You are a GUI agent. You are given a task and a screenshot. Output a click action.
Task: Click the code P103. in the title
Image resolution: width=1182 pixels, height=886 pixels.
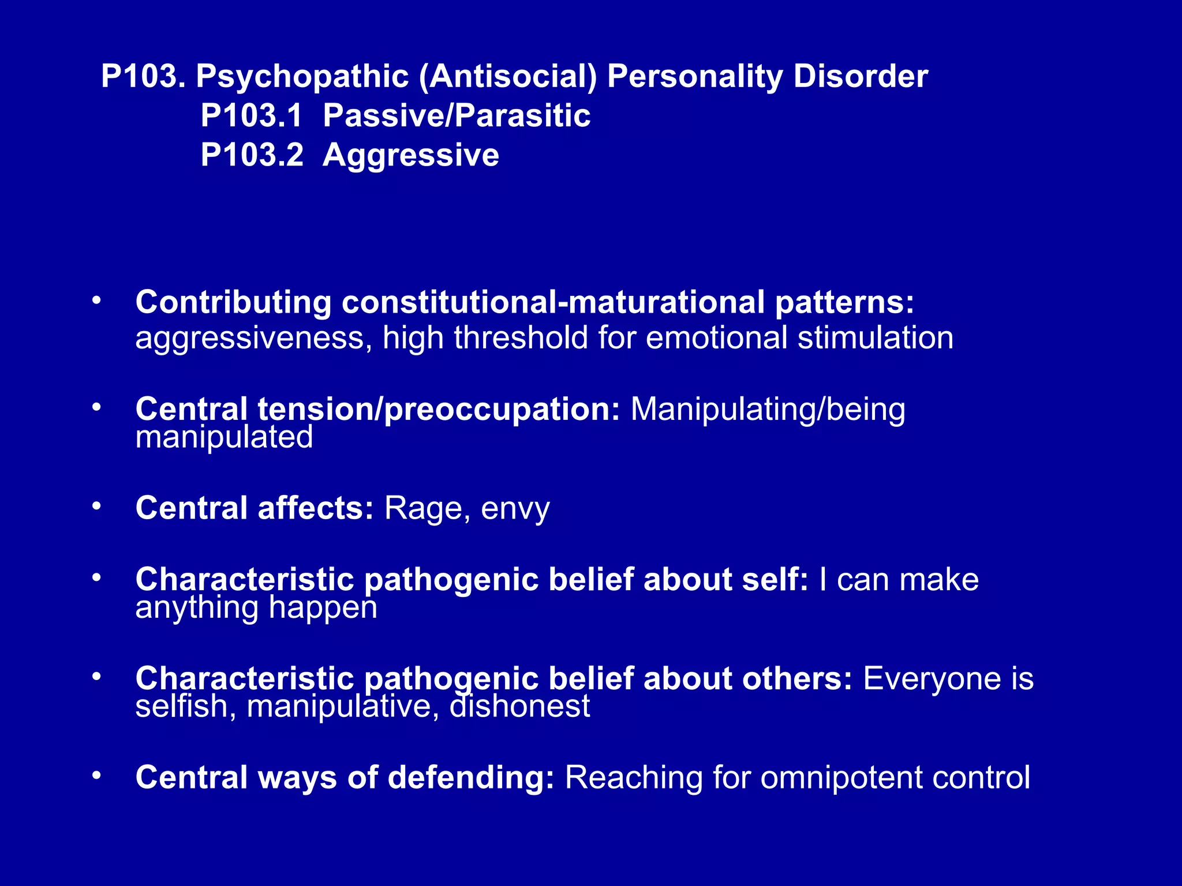(143, 76)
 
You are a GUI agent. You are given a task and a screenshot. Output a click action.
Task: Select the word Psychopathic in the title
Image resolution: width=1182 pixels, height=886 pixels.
(302, 76)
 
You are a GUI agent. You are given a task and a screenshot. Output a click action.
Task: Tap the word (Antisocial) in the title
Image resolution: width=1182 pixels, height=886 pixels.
(508, 76)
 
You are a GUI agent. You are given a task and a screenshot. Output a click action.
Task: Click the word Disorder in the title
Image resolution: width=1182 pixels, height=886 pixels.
(861, 76)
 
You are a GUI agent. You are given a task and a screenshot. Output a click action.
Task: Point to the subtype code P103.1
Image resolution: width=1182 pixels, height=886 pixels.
(252, 115)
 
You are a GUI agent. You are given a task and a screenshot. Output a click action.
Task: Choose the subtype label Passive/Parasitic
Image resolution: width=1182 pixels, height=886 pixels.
(457, 115)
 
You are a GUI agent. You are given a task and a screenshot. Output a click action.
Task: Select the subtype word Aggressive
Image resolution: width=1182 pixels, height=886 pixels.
(410, 156)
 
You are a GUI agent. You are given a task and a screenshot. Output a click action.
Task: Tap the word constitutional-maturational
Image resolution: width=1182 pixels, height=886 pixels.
(553, 302)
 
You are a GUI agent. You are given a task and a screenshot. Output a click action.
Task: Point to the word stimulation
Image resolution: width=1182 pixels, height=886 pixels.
(875, 337)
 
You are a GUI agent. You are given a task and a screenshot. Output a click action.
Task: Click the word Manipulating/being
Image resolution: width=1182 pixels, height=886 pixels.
(768, 410)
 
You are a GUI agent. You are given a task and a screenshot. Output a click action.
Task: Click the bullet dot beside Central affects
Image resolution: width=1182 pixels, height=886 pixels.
(96, 506)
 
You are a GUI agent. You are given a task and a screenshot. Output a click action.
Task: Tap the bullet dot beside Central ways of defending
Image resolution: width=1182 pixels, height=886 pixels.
(96, 775)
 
